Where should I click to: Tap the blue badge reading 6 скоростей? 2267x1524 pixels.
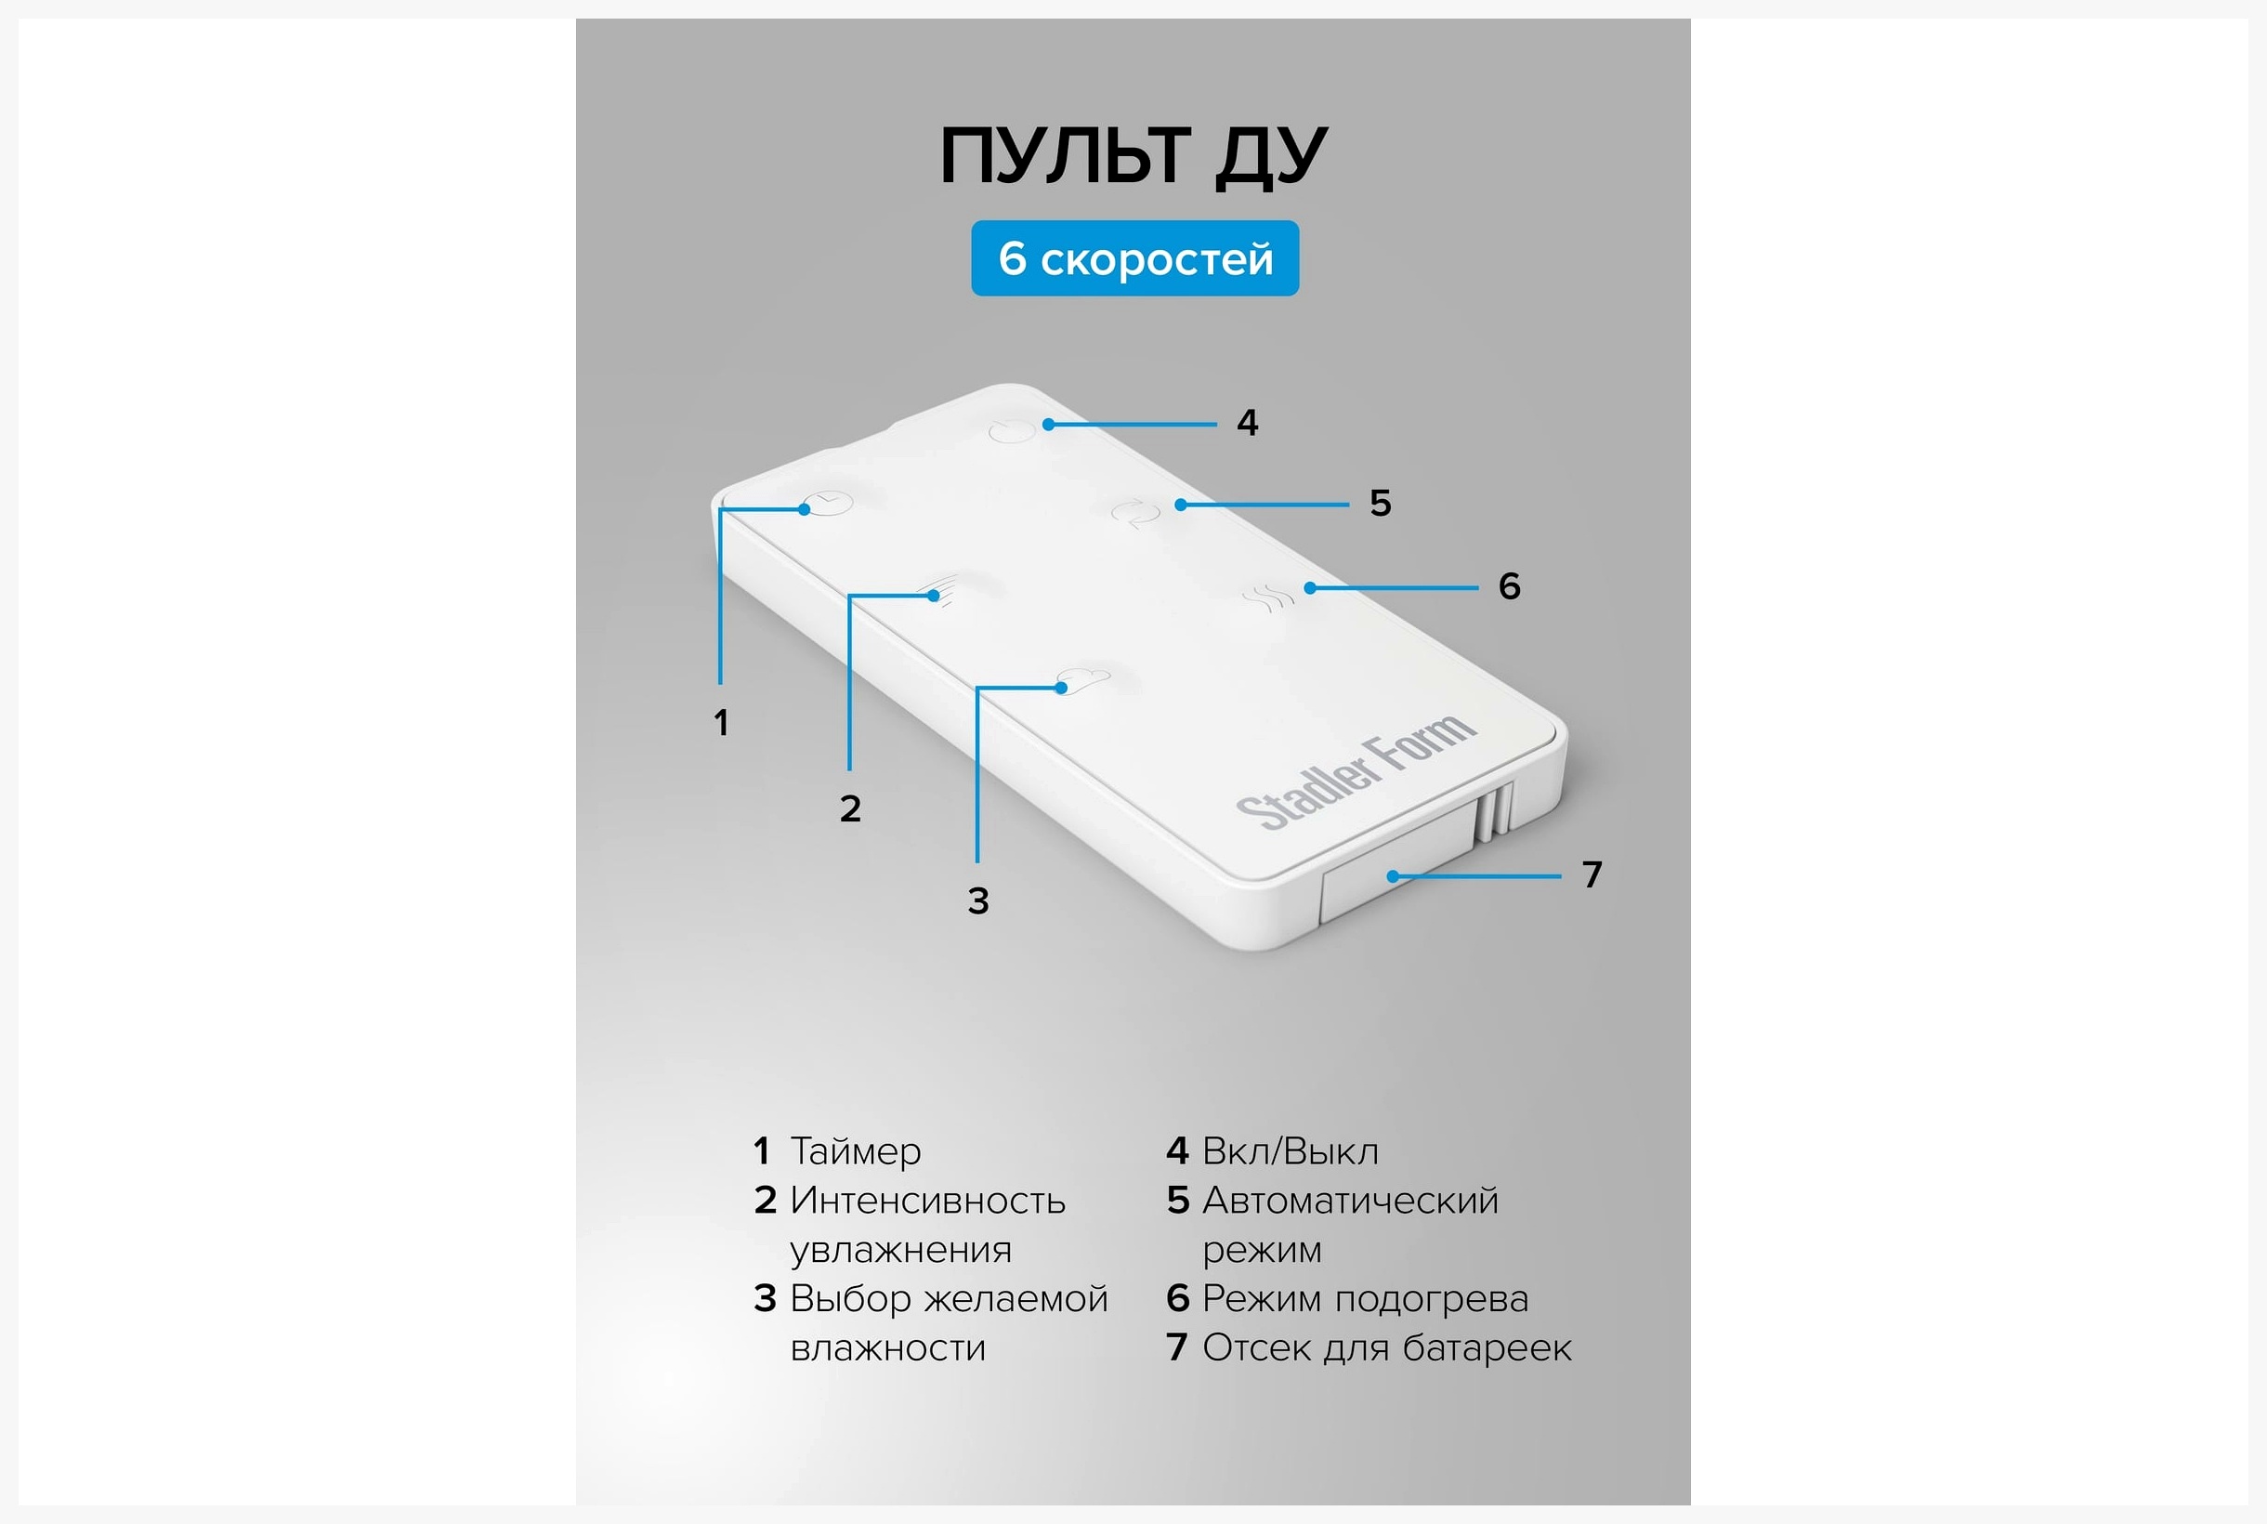click(1135, 258)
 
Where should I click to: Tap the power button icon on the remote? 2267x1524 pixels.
click(1013, 430)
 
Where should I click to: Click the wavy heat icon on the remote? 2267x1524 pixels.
click(1268, 598)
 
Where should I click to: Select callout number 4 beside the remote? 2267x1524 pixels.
click(1248, 423)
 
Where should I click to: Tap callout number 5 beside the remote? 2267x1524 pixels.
click(1381, 504)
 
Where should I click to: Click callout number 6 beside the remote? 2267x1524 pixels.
click(1509, 586)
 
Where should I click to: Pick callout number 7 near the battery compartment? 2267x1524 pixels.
click(1592, 874)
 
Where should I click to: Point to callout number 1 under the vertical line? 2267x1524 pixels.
click(721, 722)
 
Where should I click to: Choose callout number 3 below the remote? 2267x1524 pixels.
click(978, 901)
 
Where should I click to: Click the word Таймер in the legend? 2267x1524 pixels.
click(855, 1151)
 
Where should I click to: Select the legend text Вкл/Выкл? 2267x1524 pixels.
click(1291, 1151)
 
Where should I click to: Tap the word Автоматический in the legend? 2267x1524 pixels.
click(1351, 1202)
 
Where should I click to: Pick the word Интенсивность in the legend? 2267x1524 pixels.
click(928, 1202)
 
